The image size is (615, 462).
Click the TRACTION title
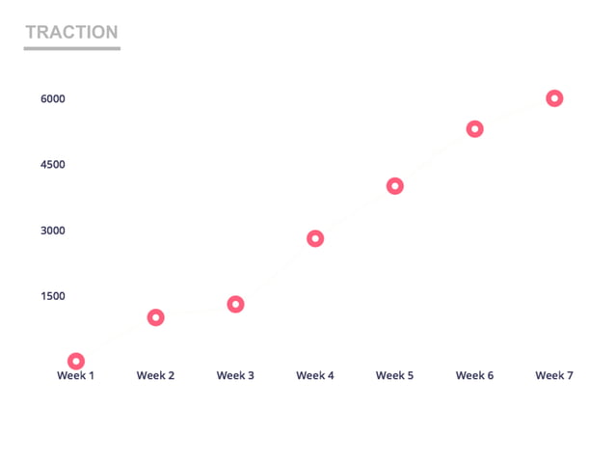pyautogui.click(x=71, y=32)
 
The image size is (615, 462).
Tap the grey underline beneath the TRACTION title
pyautogui.click(x=71, y=47)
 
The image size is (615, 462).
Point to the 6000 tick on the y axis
pyautogui.click(x=52, y=99)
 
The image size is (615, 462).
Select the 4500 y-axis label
pyautogui.click(x=52, y=165)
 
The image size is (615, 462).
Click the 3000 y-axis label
pyautogui.click(x=52, y=231)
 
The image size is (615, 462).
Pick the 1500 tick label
pyautogui.click(x=52, y=296)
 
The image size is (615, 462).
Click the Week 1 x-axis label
pyautogui.click(x=75, y=375)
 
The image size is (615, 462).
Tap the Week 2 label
pyautogui.click(x=155, y=375)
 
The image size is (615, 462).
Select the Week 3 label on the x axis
pyautogui.click(x=235, y=375)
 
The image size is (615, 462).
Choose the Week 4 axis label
pyautogui.click(x=315, y=375)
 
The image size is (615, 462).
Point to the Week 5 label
pyautogui.click(x=394, y=375)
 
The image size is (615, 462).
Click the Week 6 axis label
pyautogui.click(x=474, y=375)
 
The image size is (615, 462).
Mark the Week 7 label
pyautogui.click(x=554, y=375)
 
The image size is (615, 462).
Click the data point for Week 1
pyautogui.click(x=76, y=361)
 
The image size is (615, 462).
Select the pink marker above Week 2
pyautogui.click(x=155, y=317)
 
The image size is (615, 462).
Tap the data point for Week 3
pyautogui.click(x=235, y=304)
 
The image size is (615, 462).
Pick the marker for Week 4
pyautogui.click(x=315, y=238)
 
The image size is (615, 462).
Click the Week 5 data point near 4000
pyautogui.click(x=394, y=186)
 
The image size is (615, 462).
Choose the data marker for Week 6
pyautogui.click(x=474, y=129)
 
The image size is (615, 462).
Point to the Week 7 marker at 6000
pyautogui.click(x=554, y=98)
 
